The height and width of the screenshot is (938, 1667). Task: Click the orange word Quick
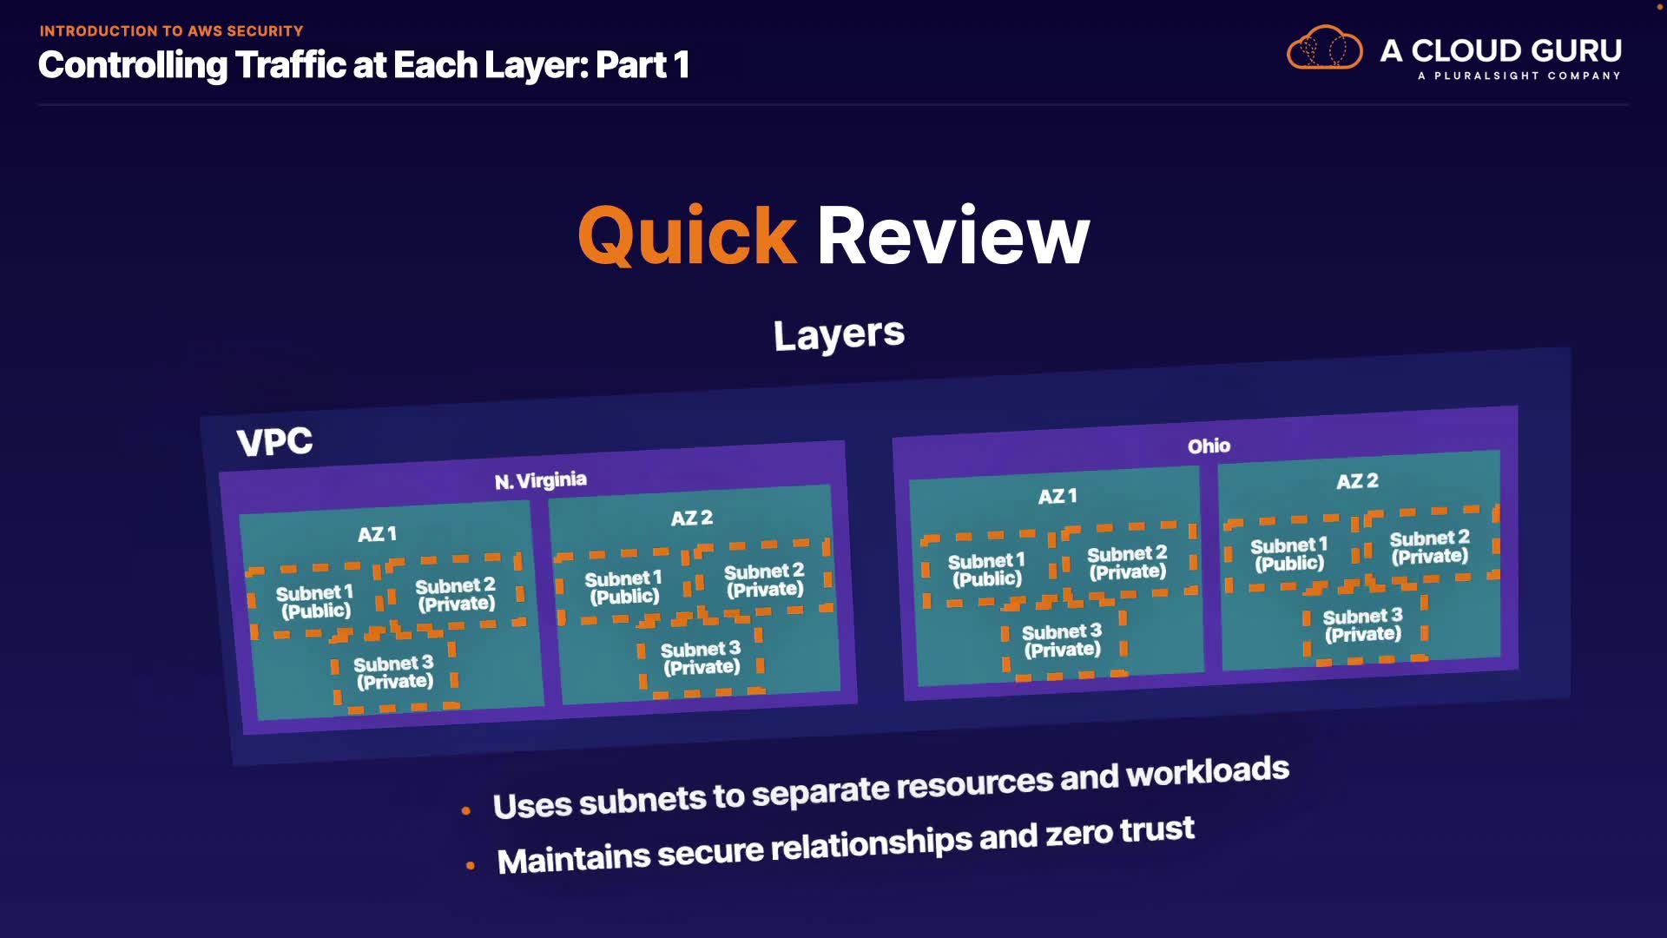(687, 236)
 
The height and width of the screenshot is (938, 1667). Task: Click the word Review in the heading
(952, 236)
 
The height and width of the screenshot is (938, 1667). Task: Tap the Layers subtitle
(839, 334)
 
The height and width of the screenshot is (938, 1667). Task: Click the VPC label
(274, 442)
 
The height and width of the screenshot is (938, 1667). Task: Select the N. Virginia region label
(540, 480)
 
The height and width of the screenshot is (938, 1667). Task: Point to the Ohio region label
(1209, 446)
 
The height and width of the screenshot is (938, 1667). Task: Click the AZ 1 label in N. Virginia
(377, 534)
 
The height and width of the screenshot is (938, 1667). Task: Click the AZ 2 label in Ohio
(1357, 481)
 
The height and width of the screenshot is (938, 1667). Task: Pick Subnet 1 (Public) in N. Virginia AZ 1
(314, 602)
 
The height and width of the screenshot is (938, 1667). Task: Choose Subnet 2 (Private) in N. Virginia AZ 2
(764, 580)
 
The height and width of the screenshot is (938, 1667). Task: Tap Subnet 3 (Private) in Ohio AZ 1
(1062, 641)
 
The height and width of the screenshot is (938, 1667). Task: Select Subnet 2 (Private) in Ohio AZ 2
(1429, 547)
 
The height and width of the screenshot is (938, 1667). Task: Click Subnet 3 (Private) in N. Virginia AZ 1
(393, 672)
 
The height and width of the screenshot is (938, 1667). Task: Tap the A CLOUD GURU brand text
(1500, 50)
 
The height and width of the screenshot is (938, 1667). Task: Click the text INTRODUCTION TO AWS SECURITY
(171, 31)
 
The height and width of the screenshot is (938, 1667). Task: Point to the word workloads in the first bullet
(1208, 772)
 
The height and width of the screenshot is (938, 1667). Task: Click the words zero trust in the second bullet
(1120, 832)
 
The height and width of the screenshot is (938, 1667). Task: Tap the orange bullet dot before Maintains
(471, 865)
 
